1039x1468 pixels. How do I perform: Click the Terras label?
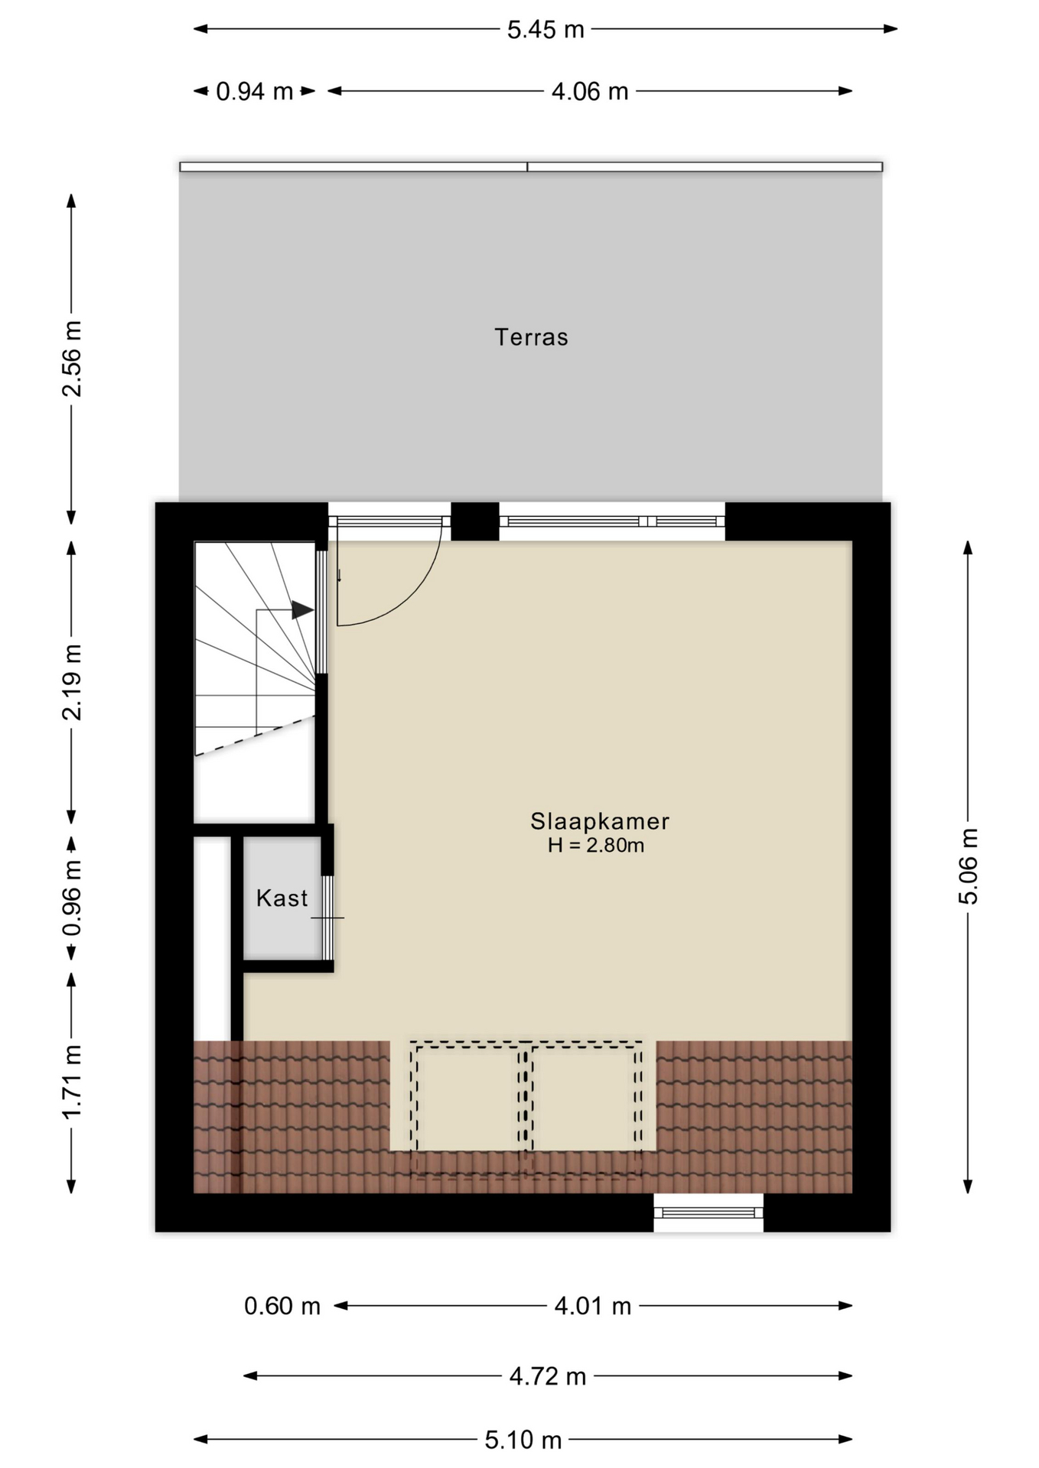tap(531, 337)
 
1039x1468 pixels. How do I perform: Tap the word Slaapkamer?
tap(600, 821)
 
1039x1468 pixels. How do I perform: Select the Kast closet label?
tap(282, 898)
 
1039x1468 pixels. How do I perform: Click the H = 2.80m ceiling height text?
tap(596, 845)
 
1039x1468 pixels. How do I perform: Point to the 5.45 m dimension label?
tap(546, 30)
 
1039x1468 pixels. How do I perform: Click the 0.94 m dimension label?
tap(255, 92)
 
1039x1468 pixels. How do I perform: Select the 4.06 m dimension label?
tap(590, 92)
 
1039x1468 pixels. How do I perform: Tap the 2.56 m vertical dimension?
tap(72, 359)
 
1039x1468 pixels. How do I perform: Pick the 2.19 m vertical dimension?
tap(72, 682)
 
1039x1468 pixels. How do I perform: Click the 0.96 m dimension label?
tap(72, 898)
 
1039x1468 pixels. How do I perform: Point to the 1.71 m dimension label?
tap(72, 1081)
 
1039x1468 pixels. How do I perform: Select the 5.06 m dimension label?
tap(969, 866)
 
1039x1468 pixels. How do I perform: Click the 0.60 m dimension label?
tap(282, 1306)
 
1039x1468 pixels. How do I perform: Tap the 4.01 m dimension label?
tap(593, 1306)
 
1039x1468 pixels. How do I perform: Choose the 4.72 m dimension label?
tap(548, 1376)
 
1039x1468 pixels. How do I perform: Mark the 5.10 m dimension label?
tap(523, 1440)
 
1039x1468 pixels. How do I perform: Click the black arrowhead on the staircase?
tap(303, 610)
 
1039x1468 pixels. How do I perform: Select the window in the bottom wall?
tap(708, 1213)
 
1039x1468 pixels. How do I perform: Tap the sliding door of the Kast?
tap(327, 917)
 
